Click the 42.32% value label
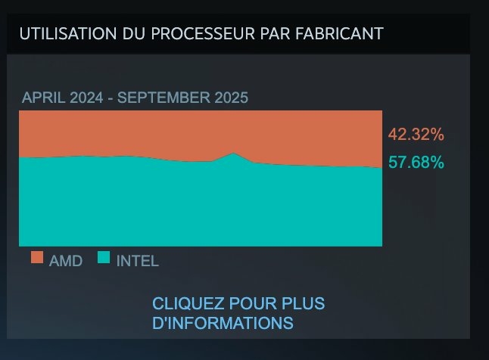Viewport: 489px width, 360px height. coord(416,135)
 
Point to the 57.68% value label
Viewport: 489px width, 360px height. coord(416,162)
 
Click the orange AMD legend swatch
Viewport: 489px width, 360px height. coord(37,259)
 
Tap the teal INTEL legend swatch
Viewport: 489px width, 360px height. coord(104,259)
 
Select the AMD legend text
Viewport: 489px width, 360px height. coord(66,261)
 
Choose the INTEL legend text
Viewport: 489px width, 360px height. coord(137,261)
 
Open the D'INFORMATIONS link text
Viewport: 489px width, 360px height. coord(223,323)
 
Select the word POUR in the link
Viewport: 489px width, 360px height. coord(249,304)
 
